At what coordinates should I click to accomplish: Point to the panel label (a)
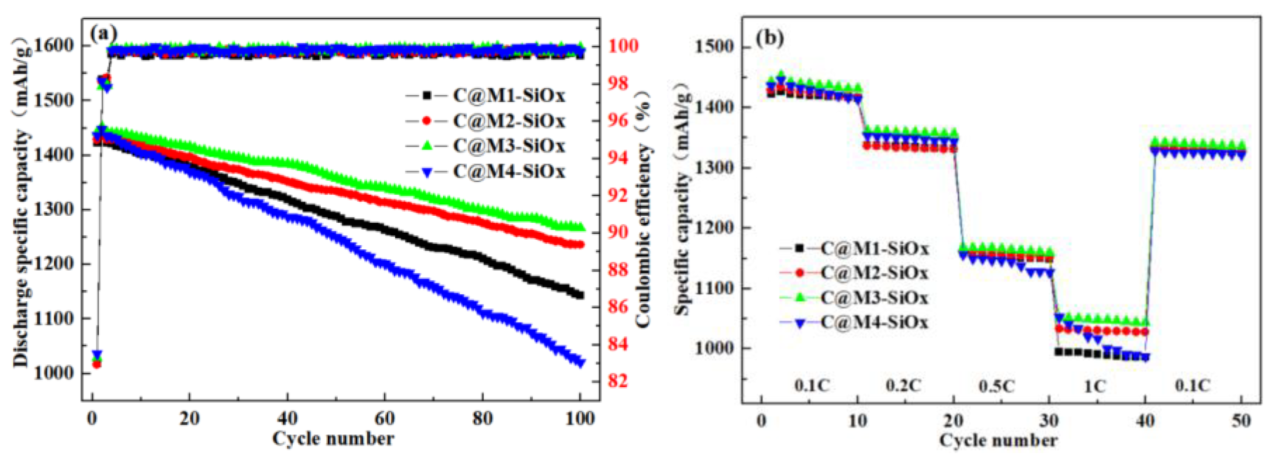click(103, 34)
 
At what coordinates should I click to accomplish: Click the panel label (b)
click(769, 38)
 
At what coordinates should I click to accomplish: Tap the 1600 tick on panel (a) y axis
click(55, 45)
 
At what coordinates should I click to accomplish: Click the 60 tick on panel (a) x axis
click(384, 418)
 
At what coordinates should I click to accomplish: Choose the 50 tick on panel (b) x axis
click(1241, 420)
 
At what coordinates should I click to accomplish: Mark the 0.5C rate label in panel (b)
click(997, 386)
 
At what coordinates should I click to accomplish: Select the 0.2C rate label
click(903, 386)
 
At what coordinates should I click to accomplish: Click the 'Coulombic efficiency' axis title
click(644, 210)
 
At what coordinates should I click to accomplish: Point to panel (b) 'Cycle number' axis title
click(998, 440)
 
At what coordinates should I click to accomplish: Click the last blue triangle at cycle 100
click(580, 362)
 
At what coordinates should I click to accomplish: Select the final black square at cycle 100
click(579, 295)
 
